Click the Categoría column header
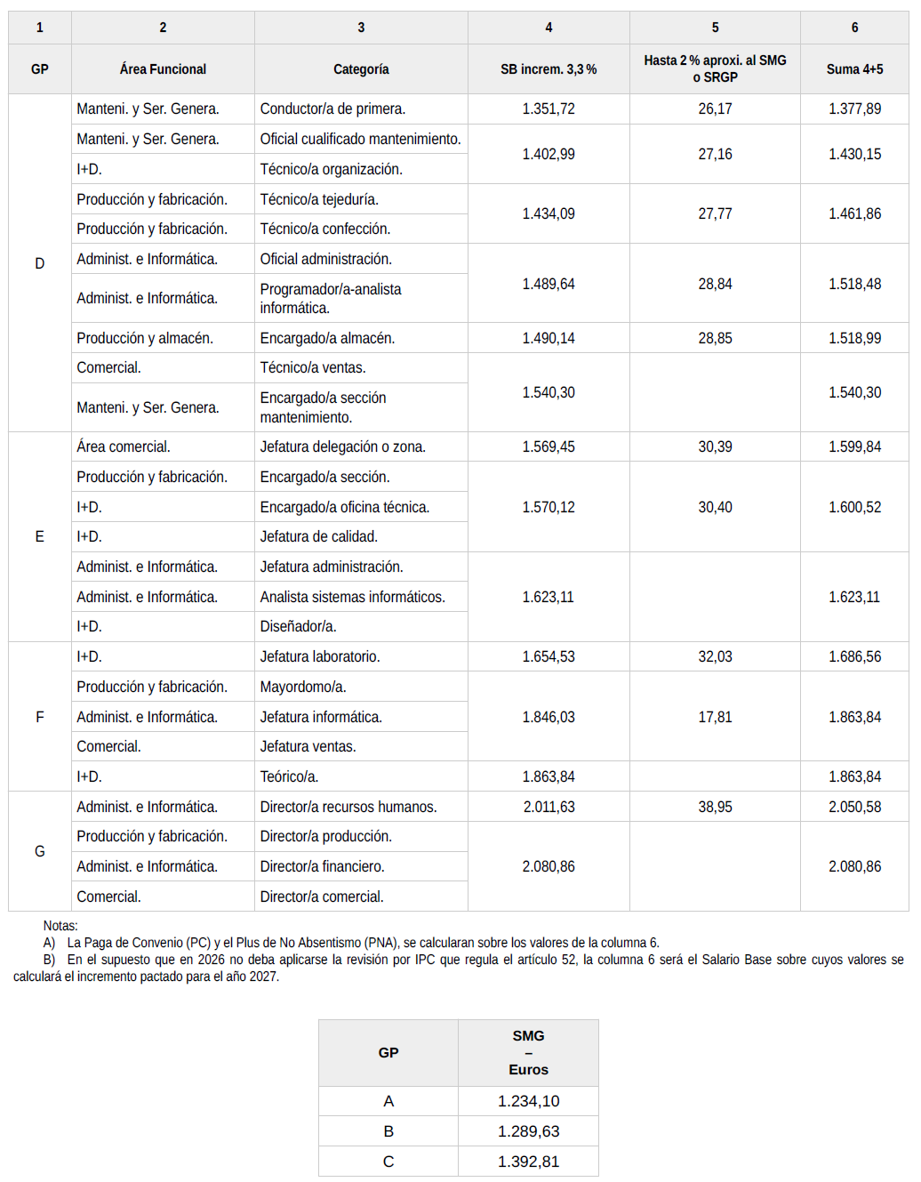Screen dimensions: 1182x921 coord(361,68)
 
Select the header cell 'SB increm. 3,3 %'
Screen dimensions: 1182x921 coord(549,68)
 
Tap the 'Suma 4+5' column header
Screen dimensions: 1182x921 coord(854,68)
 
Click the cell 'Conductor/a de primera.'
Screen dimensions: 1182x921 coord(332,109)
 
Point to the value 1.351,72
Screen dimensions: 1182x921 coord(549,109)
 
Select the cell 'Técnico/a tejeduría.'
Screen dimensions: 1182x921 coord(319,199)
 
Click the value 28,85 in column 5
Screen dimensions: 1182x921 coord(715,338)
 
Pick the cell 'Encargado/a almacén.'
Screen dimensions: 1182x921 coord(327,338)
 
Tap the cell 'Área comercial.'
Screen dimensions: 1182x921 coord(124,446)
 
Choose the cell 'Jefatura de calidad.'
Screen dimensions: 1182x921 coord(318,536)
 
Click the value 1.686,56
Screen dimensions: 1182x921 coord(854,656)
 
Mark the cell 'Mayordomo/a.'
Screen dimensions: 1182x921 coord(303,687)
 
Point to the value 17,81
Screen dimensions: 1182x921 coord(715,717)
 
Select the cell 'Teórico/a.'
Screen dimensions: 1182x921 coord(289,776)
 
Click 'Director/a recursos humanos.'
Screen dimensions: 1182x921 coord(348,807)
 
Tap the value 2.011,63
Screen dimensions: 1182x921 coord(549,807)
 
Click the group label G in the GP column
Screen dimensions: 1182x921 coord(39,851)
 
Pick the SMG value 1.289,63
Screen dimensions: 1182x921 coord(528,1131)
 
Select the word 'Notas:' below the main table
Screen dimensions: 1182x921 coord(60,926)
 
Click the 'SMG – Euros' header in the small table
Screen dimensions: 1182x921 coord(528,1052)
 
